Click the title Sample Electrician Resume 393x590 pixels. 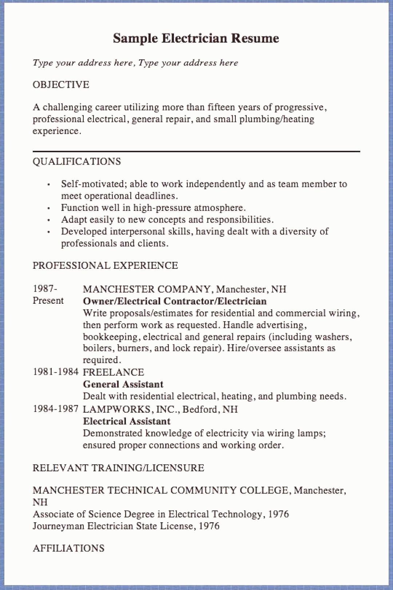point(196,38)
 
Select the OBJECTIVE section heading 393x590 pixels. point(61,85)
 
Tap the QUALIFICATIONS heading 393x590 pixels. point(76,162)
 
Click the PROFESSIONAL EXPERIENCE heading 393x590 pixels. point(105,265)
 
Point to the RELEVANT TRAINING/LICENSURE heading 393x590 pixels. point(118,468)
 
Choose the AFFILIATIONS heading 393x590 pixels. point(68,548)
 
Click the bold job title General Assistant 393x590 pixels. point(123,384)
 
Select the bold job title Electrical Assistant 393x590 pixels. point(127,421)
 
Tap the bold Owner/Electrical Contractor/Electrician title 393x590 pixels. point(175,301)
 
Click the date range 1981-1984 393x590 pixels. point(56,372)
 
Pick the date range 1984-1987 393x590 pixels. point(56,409)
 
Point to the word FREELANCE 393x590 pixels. point(114,372)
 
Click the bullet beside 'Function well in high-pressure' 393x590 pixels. point(48,208)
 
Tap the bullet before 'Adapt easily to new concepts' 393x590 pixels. point(48,220)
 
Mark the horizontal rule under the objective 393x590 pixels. point(196,151)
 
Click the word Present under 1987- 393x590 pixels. point(48,301)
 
